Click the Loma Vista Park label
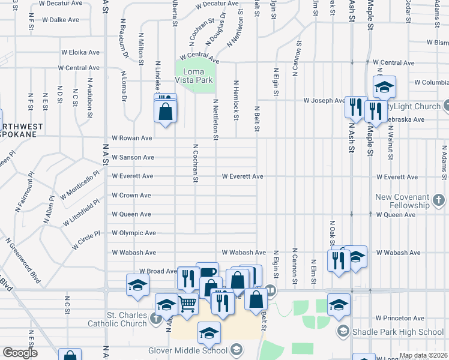pos(193,76)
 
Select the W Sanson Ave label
pos(133,157)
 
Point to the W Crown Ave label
pos(131,196)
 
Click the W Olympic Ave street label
pos(132,233)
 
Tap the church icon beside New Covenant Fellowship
pos(439,199)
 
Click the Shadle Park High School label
pos(399,332)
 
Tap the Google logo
pos(20,353)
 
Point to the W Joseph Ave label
pos(324,101)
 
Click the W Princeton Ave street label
pos(400,318)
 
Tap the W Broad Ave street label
pos(158,271)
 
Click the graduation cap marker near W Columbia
pos(384,87)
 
